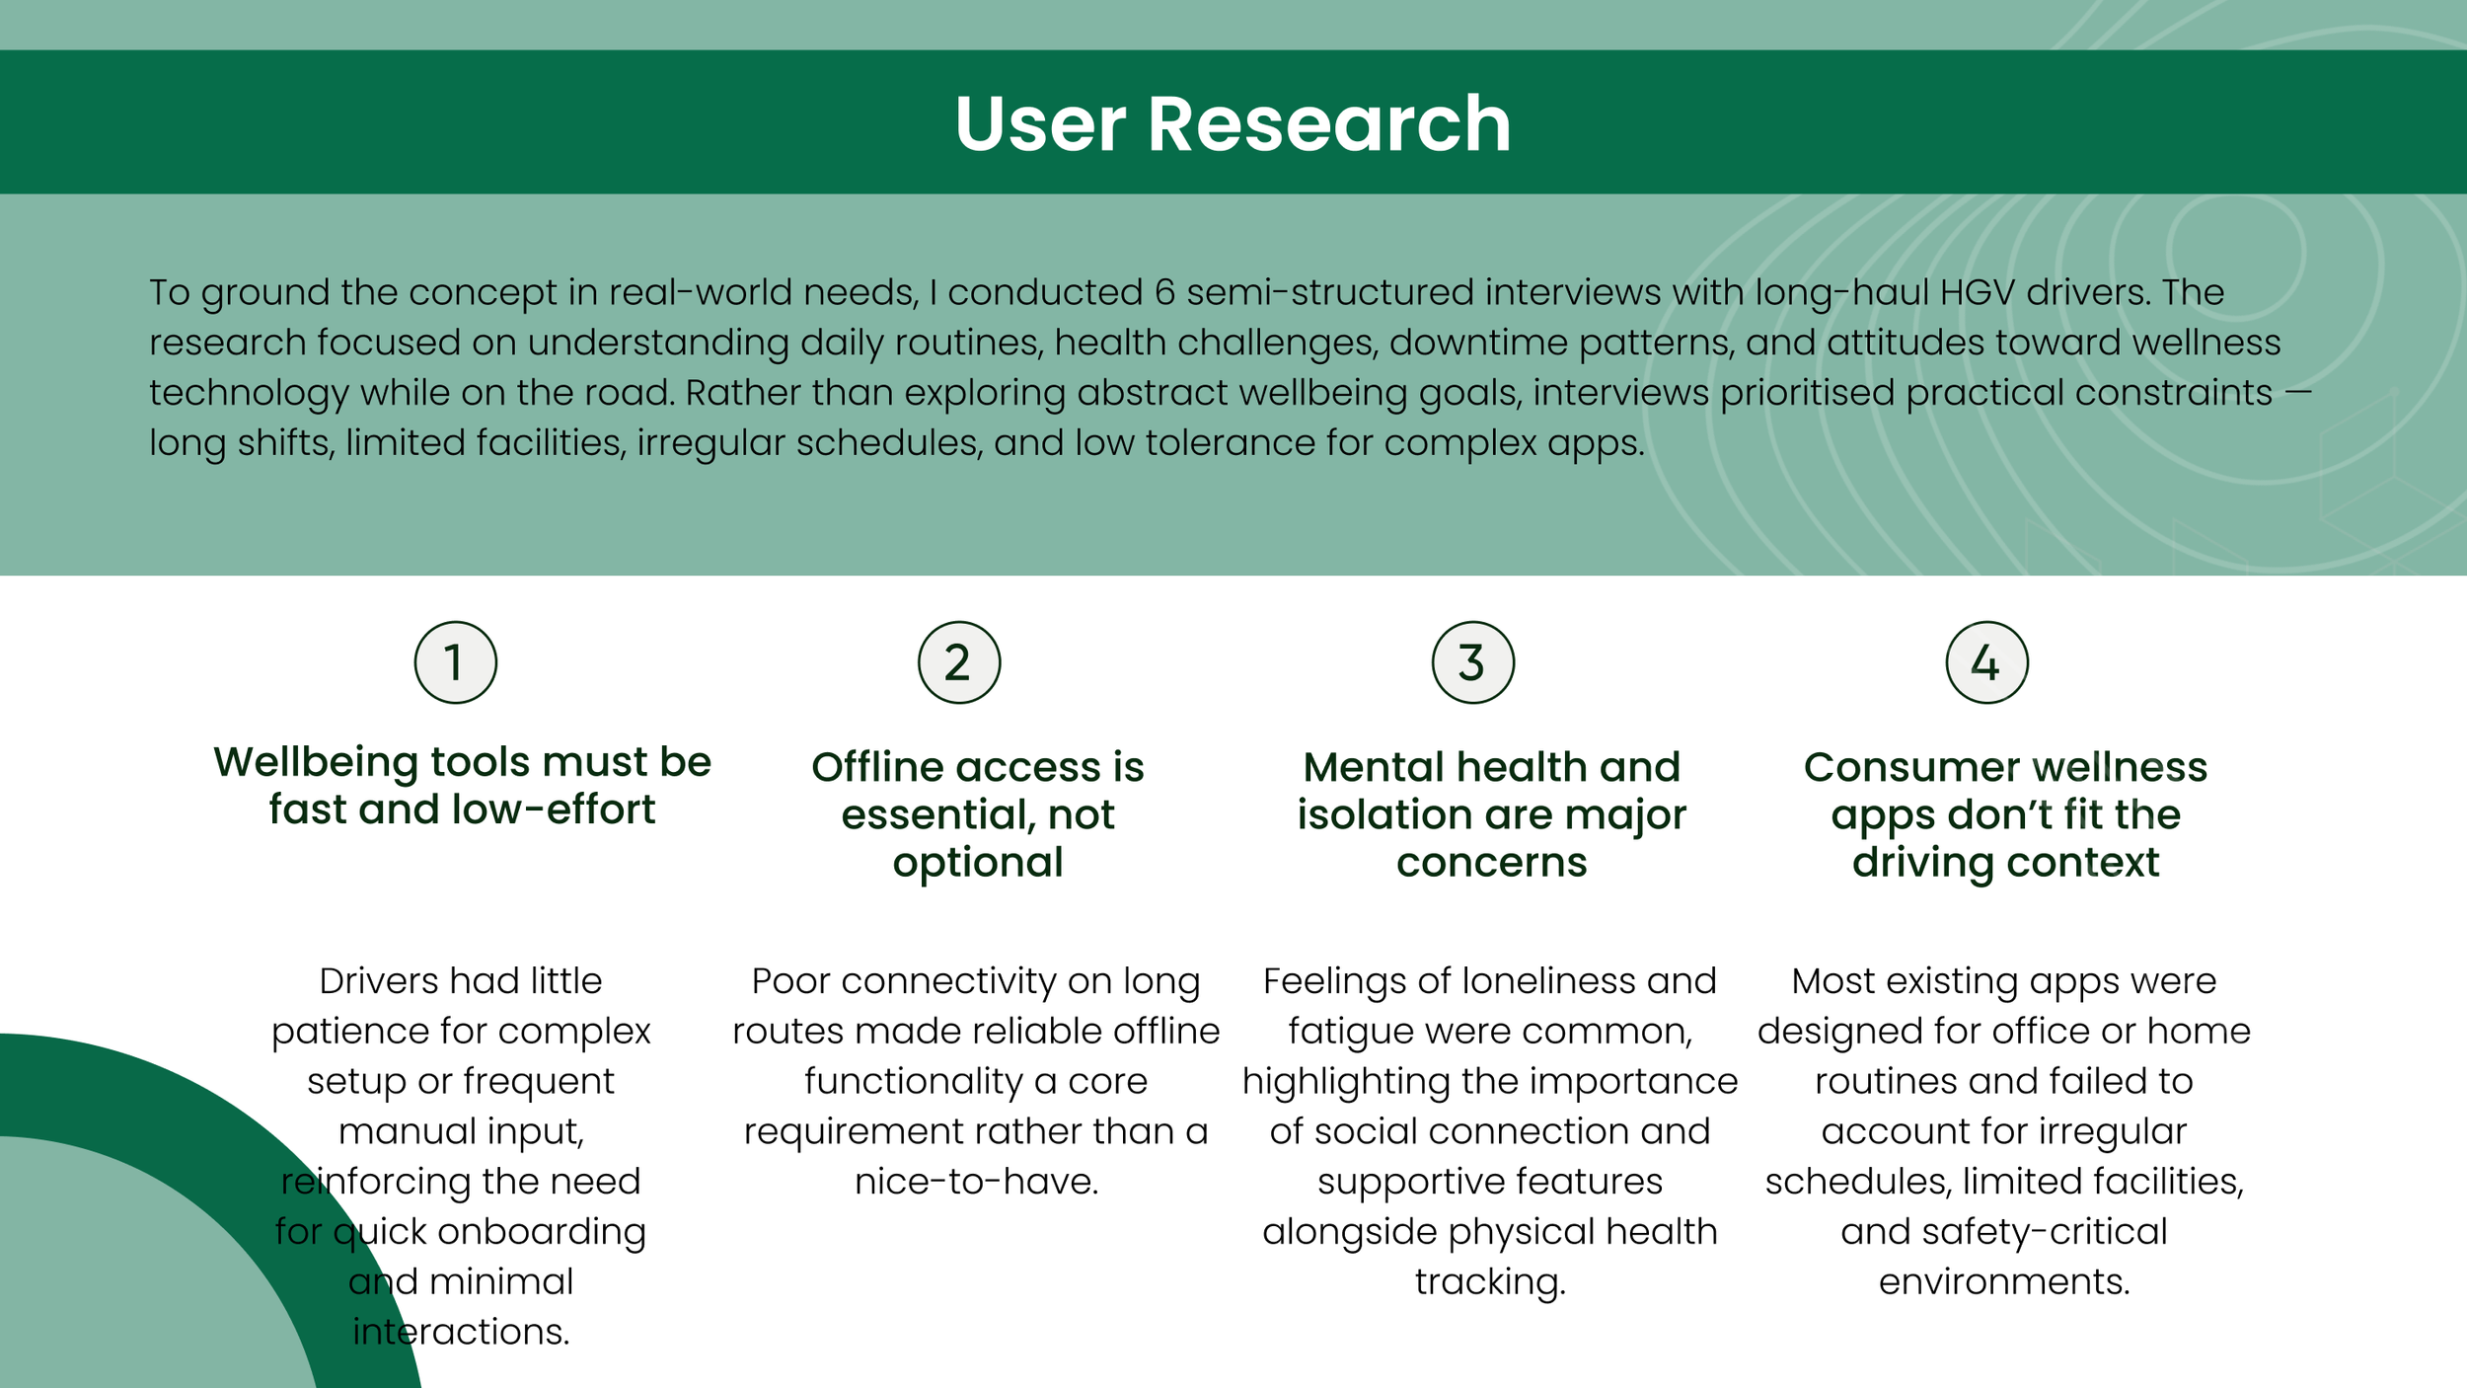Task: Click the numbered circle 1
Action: point(455,662)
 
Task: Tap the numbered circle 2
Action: point(959,662)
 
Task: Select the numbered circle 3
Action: point(1472,662)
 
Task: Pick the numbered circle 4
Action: point(1986,662)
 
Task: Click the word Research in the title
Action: point(1328,124)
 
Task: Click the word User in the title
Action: point(1039,124)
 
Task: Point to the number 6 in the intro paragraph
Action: point(1164,292)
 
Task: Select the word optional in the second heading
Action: point(978,863)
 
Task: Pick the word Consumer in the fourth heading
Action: point(1910,767)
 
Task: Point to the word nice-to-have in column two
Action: point(976,1182)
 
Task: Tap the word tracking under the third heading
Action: point(1490,1282)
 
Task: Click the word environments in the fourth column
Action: point(2004,1282)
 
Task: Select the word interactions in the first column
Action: point(461,1333)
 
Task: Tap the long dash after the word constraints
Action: point(2298,392)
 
